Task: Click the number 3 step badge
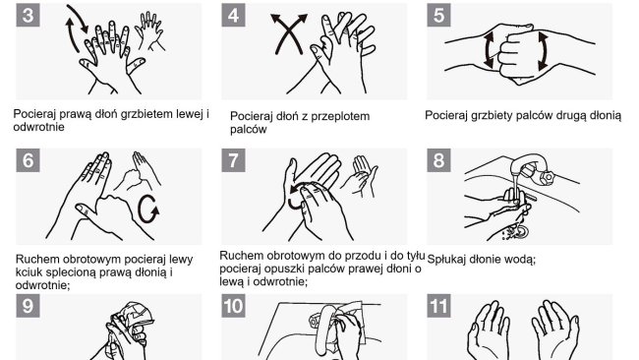[x=28, y=15]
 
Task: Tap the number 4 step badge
[x=233, y=15]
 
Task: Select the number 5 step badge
[x=438, y=15]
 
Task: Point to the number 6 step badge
[x=28, y=159]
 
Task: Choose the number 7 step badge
[x=233, y=159]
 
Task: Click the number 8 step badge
[x=438, y=159]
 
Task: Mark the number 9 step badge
[x=28, y=306]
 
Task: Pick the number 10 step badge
[x=233, y=306]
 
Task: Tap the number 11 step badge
[x=438, y=306]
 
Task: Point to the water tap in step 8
[x=532, y=168]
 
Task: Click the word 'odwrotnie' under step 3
[x=38, y=127]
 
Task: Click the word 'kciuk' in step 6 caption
[x=28, y=271]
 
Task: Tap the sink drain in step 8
[x=520, y=232]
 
